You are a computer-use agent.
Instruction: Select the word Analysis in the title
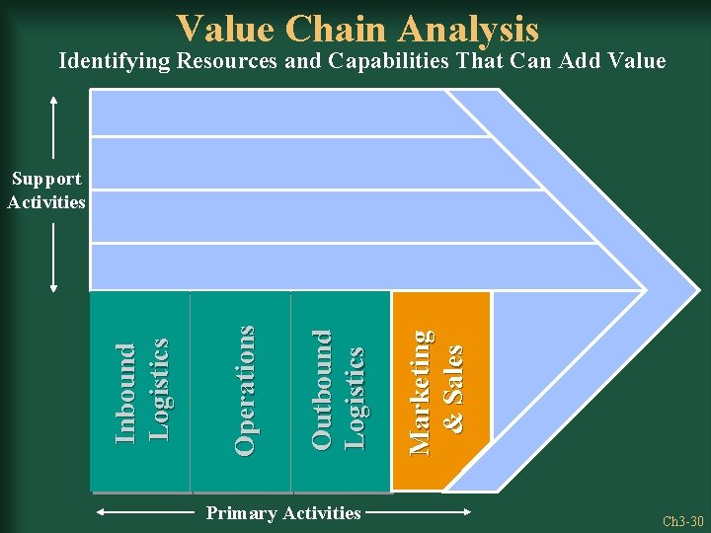click(x=471, y=30)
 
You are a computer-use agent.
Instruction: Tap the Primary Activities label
click(x=282, y=513)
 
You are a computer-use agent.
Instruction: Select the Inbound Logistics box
click(x=140, y=392)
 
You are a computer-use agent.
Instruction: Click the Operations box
click(x=242, y=392)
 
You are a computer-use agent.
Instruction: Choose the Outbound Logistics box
click(x=342, y=392)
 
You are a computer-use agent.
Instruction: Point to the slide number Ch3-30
click(x=682, y=521)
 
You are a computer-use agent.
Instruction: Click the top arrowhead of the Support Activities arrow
click(x=53, y=98)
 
